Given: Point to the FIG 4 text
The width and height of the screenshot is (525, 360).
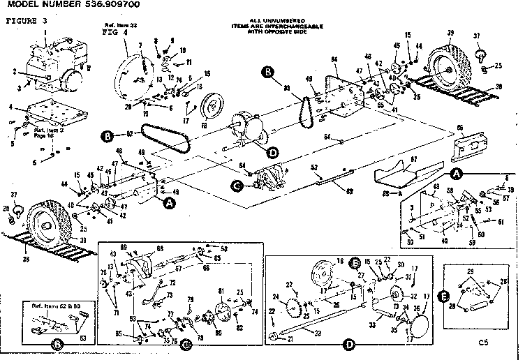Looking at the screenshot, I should (113, 32).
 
